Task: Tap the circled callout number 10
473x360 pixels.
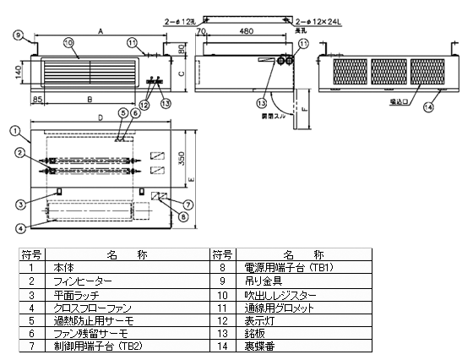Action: (68, 41)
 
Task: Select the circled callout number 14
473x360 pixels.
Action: (429, 106)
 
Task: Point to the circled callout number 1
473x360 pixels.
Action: (15, 129)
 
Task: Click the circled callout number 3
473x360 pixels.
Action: (19, 204)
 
